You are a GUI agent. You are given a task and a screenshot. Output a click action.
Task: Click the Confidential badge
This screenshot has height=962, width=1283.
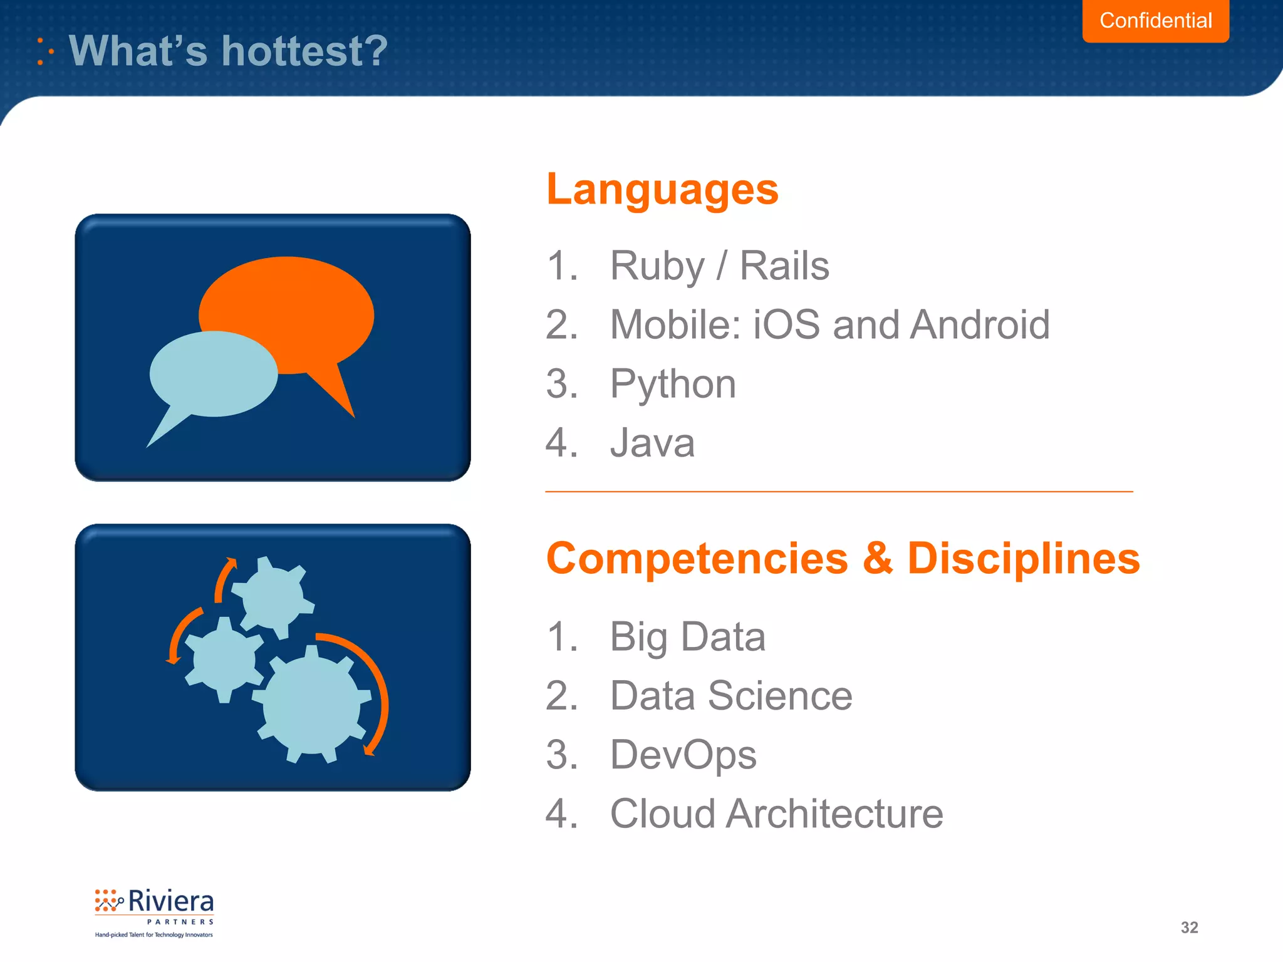pyautogui.click(x=1155, y=21)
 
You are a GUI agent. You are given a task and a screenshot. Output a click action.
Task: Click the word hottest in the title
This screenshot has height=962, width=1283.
pyautogui.click(x=304, y=51)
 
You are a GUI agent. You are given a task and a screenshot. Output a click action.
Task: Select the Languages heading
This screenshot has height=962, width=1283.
pyautogui.click(x=662, y=189)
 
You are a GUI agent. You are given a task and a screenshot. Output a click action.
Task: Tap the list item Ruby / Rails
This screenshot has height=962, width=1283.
pyautogui.click(x=719, y=266)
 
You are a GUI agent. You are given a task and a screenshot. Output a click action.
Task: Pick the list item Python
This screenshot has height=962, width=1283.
pyautogui.click(x=673, y=383)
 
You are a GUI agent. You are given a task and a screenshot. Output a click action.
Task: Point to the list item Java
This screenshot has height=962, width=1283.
pyautogui.click(x=652, y=443)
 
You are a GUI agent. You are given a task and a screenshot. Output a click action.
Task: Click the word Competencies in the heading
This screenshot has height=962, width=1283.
pyautogui.click(x=697, y=558)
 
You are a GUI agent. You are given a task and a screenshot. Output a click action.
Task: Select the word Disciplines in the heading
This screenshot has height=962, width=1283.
pyautogui.click(x=1023, y=558)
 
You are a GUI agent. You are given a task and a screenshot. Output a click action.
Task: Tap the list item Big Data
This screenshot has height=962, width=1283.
pyautogui.click(x=687, y=637)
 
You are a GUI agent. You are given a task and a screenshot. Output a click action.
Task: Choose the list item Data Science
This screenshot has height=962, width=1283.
pyautogui.click(x=731, y=696)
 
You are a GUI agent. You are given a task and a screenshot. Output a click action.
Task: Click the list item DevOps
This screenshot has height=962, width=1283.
pyautogui.click(x=683, y=755)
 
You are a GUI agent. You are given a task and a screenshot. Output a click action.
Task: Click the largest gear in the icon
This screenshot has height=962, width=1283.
pyautogui.click(x=311, y=705)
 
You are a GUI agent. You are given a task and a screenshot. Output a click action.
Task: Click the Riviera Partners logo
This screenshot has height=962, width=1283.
pyautogui.click(x=154, y=912)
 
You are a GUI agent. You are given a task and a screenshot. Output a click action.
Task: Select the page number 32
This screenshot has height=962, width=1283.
pyautogui.click(x=1189, y=928)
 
